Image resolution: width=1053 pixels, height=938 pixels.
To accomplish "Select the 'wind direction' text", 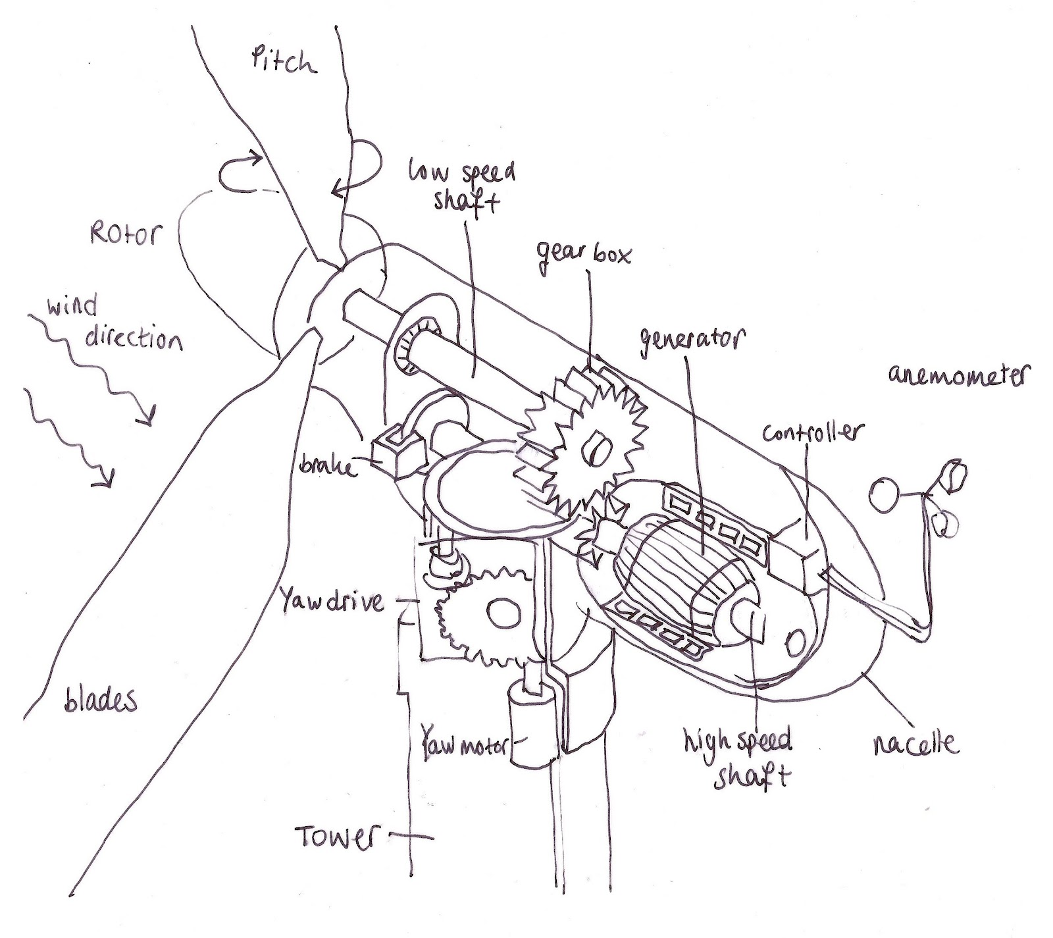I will point(112,326).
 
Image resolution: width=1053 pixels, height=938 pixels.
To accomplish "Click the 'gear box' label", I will point(583,252).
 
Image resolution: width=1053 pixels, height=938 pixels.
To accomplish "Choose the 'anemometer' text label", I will point(958,376).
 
